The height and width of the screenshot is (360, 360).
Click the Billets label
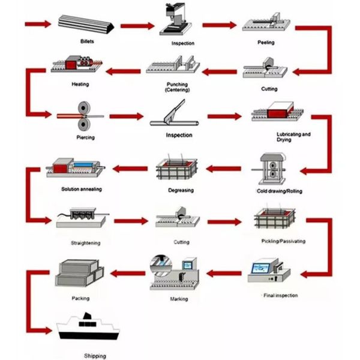click(86, 41)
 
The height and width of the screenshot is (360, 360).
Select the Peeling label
click(266, 43)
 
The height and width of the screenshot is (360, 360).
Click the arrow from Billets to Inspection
click(137, 25)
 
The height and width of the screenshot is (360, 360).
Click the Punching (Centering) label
click(177, 86)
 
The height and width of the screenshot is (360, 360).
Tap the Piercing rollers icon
click(82, 116)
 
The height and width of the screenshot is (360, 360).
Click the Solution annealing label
click(81, 189)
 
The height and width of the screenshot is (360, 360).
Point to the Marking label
click(179, 299)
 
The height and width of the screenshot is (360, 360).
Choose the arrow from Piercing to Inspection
click(128, 116)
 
